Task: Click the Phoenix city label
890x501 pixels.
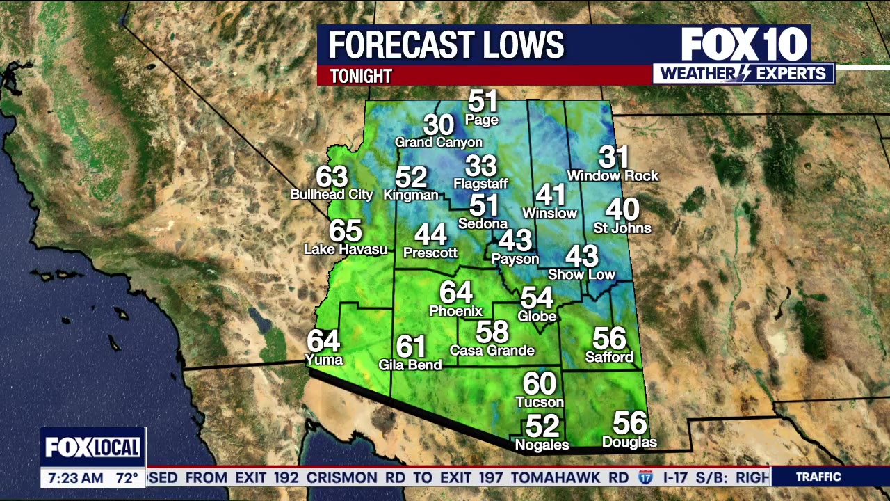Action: coord(455,311)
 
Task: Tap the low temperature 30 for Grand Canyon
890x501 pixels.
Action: coord(439,125)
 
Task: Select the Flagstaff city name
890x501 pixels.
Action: coord(480,184)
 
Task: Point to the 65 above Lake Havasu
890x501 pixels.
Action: coord(346,231)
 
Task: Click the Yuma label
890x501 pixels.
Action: coord(324,360)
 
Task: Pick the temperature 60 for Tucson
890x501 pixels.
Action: coord(540,384)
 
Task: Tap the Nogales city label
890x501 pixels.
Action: coord(542,445)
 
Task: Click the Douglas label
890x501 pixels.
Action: coord(629,443)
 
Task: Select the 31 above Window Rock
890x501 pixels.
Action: coord(613,157)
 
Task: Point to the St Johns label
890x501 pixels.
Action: coord(622,228)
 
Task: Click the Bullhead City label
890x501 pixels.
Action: coord(332,195)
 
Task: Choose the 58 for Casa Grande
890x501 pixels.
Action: coord(492,332)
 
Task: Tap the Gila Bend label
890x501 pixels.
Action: coord(410,365)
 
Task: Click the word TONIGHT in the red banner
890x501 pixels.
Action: coord(361,76)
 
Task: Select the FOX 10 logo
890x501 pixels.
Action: coord(743,45)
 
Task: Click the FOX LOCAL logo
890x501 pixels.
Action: coord(93,447)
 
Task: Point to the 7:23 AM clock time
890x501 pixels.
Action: coord(75,478)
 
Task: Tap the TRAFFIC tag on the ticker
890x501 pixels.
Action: coord(818,477)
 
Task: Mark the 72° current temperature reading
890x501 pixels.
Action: coord(127,478)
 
